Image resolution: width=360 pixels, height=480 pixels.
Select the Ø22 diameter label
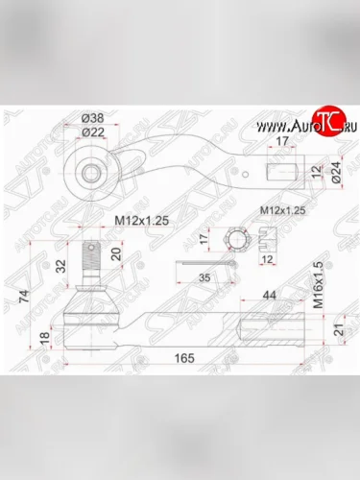tap(92, 132)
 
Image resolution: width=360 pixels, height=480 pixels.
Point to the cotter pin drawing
tap(206, 263)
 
